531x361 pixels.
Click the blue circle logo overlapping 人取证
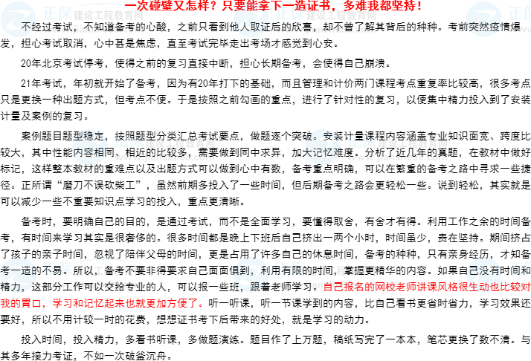pyautogui.click(x=251, y=19)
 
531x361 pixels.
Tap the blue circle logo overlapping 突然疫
pyautogui.click(x=484, y=19)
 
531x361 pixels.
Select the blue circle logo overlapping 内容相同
pyautogui.click(x=90, y=146)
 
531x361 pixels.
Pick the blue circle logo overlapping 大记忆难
pyautogui.click(x=322, y=146)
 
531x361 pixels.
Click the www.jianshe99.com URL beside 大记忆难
pyautogui.click(x=396, y=157)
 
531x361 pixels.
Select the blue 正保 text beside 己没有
pyautogui.click(x=519, y=268)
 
